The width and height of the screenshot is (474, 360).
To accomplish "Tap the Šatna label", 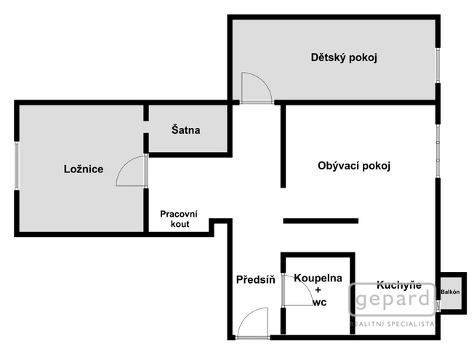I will [185, 131].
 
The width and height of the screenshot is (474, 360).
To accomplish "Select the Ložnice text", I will [84, 169].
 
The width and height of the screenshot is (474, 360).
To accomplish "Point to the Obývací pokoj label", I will [354, 166].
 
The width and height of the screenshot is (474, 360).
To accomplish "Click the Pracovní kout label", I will [178, 219].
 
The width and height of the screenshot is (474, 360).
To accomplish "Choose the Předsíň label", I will [255, 280].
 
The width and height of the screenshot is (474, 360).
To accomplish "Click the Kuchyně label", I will [398, 286].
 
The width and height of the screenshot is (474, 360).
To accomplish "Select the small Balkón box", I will [451, 292].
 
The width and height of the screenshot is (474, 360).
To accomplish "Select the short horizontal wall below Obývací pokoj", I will [321, 220].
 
